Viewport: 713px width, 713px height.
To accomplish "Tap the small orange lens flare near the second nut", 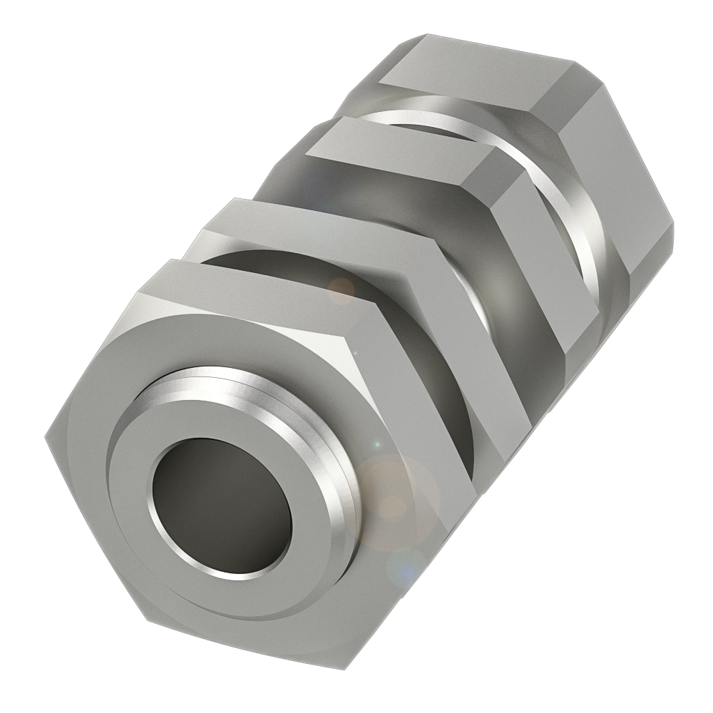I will (x=341, y=288).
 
